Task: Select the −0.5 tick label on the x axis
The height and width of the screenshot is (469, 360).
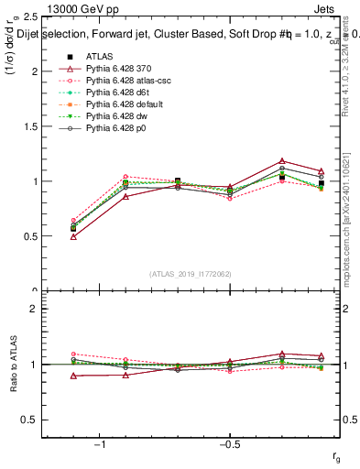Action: [x=229, y=443]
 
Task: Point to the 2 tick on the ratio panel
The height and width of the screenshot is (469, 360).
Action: [x=34, y=310]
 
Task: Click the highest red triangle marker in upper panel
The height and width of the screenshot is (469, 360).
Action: [x=282, y=161]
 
